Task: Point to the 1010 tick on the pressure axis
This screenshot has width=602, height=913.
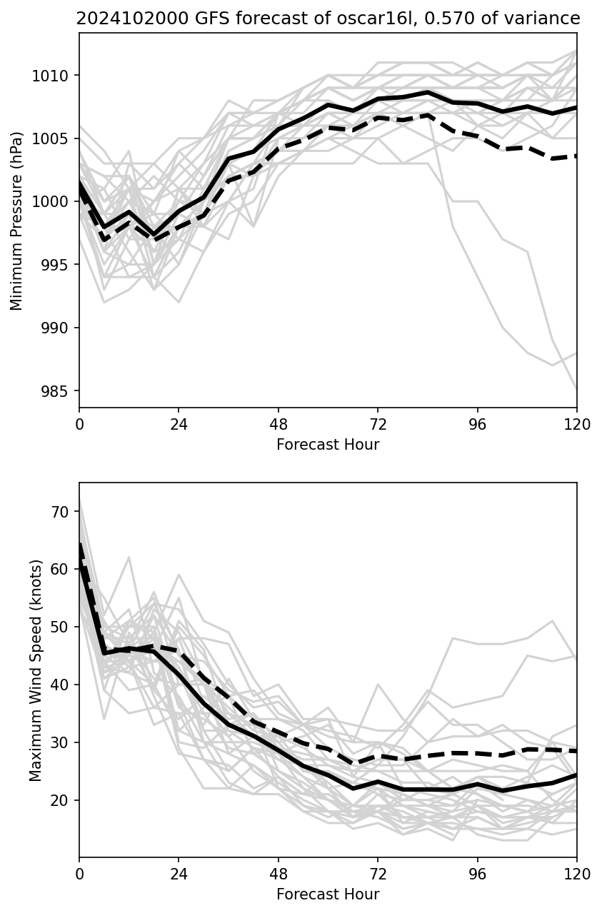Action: tap(55, 76)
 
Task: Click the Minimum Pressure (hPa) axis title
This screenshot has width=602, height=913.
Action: tap(17, 221)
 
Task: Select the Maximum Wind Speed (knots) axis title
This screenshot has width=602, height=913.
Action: tap(36, 670)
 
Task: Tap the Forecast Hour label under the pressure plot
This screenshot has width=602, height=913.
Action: tap(328, 445)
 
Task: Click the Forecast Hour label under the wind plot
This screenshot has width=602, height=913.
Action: tap(328, 894)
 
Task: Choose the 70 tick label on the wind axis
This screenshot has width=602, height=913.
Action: tap(61, 512)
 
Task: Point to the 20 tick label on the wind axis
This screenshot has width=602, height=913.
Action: tap(61, 800)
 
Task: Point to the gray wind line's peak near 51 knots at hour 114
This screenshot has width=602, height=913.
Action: tap(552, 621)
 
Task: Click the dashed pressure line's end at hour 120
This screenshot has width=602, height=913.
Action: tap(576, 155)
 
